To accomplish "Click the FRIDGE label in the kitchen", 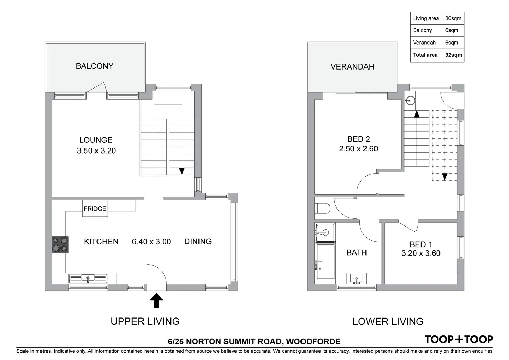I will (x=95, y=209).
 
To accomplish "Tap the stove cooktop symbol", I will (x=60, y=244).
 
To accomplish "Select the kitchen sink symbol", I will (x=88, y=278).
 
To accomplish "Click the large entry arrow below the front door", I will (x=156, y=300).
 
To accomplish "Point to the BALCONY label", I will (x=94, y=66).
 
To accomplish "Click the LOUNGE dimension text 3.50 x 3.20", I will (x=96, y=151).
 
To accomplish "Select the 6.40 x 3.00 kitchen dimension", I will (x=151, y=242).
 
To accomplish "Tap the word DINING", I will (x=198, y=241).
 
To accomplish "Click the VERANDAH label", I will (x=352, y=67).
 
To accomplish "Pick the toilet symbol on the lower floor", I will (x=323, y=209).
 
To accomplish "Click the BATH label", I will (x=357, y=252).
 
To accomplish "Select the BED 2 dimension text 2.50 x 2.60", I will (x=358, y=149).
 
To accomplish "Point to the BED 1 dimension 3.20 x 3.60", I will (x=421, y=253).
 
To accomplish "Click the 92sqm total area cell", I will (x=453, y=55).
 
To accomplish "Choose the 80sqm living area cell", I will (x=453, y=18).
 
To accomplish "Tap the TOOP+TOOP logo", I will (x=459, y=339).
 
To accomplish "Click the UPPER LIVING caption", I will (x=145, y=321).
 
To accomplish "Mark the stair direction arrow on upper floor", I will (x=182, y=171).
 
